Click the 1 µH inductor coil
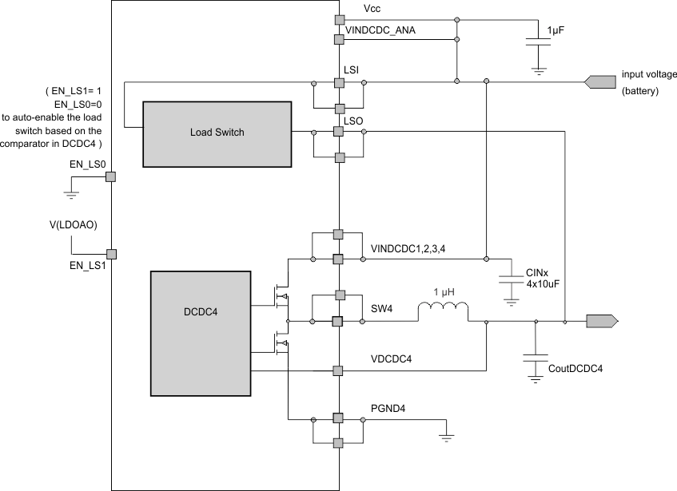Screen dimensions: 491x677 coord(443,312)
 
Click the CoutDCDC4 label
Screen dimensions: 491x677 coord(575,369)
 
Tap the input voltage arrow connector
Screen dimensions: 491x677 coord(601,81)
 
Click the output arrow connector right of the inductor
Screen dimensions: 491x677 coord(601,321)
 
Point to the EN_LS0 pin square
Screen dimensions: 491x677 coord(112,176)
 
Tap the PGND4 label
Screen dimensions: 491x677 coord(388,408)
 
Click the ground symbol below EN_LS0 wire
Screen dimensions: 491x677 coord(71,194)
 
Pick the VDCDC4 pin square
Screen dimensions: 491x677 coord(338,370)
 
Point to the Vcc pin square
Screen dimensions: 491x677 coord(338,18)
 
